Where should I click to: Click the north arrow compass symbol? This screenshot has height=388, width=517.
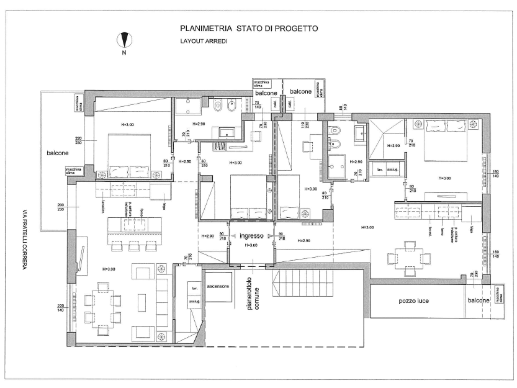125,39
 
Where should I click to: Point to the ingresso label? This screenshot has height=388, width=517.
251,236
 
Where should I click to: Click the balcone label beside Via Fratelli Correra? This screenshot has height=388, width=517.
58,152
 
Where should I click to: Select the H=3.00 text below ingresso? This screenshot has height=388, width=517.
251,245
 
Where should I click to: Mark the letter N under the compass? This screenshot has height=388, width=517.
125,53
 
